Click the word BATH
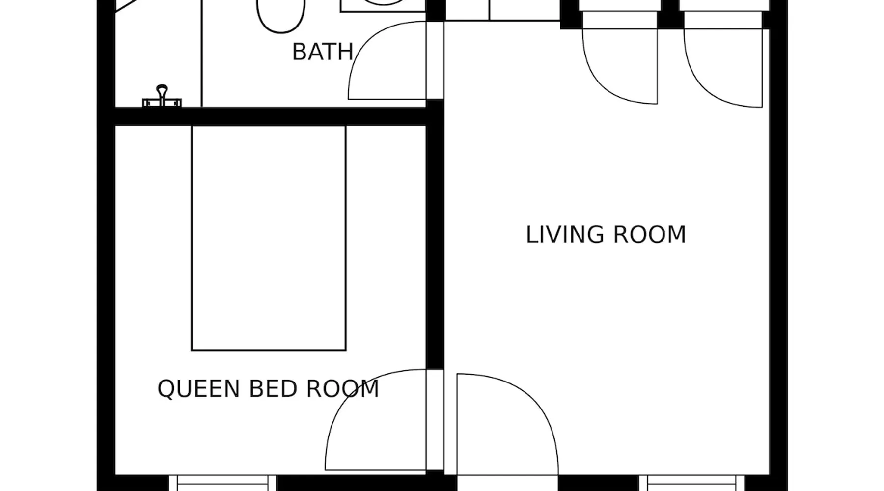(323, 52)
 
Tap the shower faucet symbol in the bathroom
(162, 96)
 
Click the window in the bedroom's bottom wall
(223, 483)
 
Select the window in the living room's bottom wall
(693, 483)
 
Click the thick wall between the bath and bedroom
(270, 116)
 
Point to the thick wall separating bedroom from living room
(435, 236)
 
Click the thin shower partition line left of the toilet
(202, 53)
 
